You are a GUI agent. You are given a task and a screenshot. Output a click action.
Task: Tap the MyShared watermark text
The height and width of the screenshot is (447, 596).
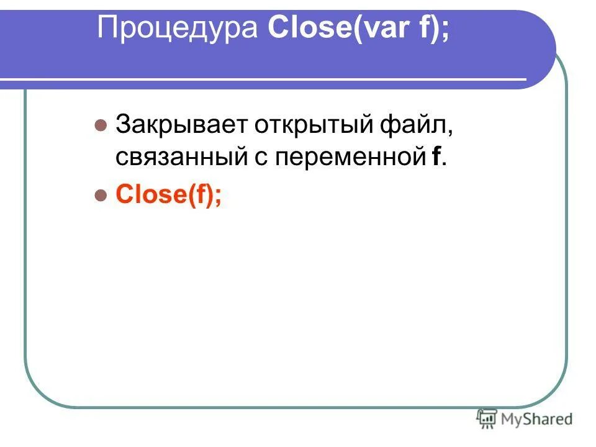click(x=537, y=419)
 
